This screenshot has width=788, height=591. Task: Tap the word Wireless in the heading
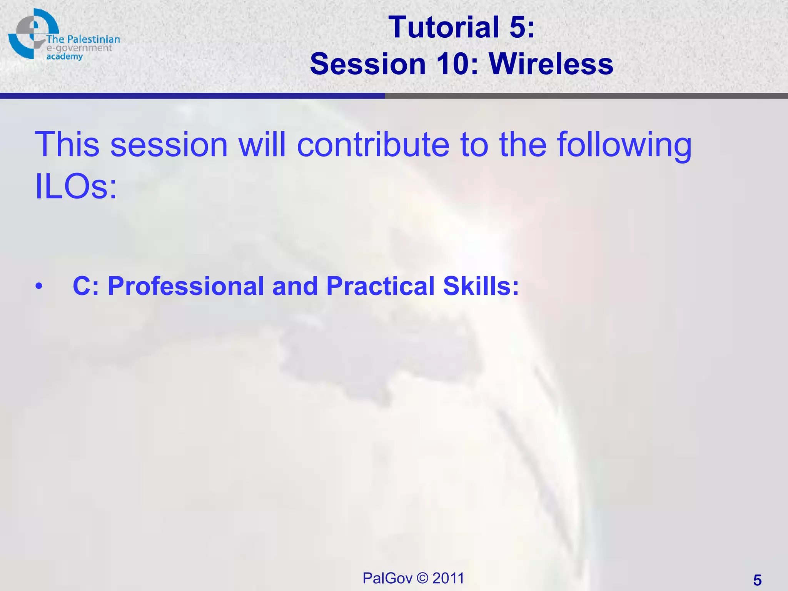point(551,64)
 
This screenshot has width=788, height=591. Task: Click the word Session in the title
point(368,64)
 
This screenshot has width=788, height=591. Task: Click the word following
point(624,145)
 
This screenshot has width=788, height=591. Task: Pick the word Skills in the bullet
point(481,286)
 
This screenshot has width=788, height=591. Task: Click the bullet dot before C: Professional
point(38,287)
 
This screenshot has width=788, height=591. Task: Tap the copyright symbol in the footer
point(422,578)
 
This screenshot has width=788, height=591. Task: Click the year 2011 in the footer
point(448,578)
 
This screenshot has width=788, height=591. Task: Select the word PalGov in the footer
point(387,578)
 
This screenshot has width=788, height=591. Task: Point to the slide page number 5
point(757,580)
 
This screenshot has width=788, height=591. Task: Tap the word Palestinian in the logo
point(93,39)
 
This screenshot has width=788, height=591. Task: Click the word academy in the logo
point(65,57)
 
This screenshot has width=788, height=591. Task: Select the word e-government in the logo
point(79,48)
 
